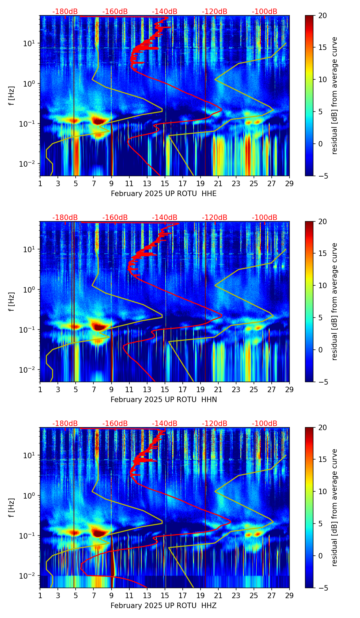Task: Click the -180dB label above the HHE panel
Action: click(x=65, y=12)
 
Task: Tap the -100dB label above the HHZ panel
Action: click(x=265, y=424)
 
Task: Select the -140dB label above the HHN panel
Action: click(x=165, y=218)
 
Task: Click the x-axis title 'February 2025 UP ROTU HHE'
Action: click(x=164, y=194)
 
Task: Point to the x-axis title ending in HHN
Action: click(x=164, y=400)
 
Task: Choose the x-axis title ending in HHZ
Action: click(x=164, y=606)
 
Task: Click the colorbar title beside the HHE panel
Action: click(x=335, y=95)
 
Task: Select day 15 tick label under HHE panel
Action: click(x=165, y=184)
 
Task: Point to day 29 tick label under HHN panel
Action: click(x=290, y=390)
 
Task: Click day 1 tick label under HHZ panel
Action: click(x=40, y=596)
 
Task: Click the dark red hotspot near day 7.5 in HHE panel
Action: click(x=99, y=121)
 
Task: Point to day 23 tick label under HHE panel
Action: click(x=236, y=184)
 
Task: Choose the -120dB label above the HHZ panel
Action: click(x=215, y=424)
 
